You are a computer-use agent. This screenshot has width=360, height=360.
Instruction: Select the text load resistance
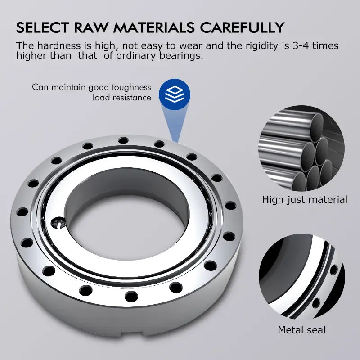122,97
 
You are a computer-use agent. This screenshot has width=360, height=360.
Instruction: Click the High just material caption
305,199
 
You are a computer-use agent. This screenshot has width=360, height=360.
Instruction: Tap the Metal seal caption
301,330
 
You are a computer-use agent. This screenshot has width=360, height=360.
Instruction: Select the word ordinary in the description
138,56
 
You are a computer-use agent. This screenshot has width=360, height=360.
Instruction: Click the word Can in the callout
39,87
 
